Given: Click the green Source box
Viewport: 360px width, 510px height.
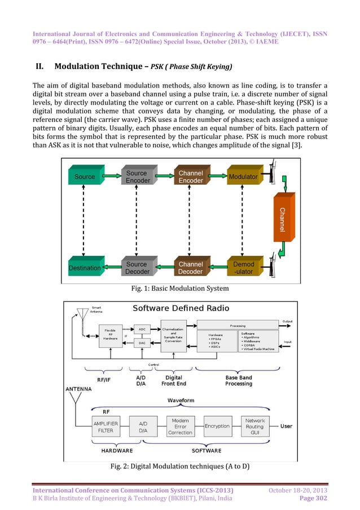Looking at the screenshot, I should pyautogui.click(x=85, y=177).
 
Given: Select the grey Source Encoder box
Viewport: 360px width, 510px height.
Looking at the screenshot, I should pyautogui.click(x=137, y=177).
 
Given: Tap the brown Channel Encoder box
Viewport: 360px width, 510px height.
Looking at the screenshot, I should pyautogui.click(x=190, y=177).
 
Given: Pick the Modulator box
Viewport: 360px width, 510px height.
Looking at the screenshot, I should pyautogui.click(x=243, y=177).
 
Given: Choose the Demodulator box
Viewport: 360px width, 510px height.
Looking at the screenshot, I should pyautogui.click(x=244, y=268).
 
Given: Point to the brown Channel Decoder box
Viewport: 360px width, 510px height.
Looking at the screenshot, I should pyautogui.click(x=190, y=268).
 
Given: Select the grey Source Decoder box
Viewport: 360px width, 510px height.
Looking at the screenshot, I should pyautogui.click(x=137, y=268).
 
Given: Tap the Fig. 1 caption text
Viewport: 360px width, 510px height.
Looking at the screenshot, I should pyautogui.click(x=179, y=289).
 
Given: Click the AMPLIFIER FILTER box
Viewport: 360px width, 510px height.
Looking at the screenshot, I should pyautogui.click(x=106, y=426).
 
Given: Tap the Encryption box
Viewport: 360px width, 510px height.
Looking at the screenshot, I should pyautogui.click(x=217, y=426).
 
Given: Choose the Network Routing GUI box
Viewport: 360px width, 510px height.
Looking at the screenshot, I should pyautogui.click(x=255, y=426).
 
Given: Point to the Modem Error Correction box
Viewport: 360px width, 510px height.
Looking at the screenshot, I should pyautogui.click(x=181, y=426).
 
